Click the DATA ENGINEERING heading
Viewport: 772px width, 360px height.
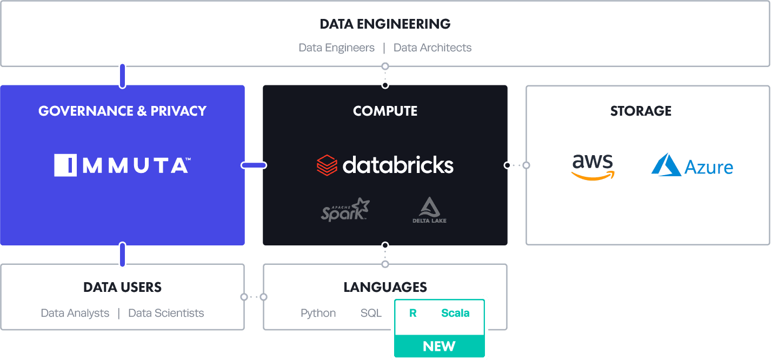[385, 24]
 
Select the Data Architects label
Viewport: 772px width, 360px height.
[432, 48]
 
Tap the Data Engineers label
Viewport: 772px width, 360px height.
[336, 48]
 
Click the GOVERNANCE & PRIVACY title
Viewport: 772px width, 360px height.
[122, 111]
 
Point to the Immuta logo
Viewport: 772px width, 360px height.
[122, 165]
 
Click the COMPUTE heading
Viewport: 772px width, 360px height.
[385, 111]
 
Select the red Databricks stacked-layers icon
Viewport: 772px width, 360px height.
[327, 165]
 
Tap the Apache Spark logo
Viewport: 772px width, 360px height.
[345, 209]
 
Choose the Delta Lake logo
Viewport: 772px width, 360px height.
[429, 210]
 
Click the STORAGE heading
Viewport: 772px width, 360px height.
[641, 111]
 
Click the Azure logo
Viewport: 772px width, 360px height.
[692, 165]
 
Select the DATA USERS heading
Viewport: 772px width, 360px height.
[122, 288]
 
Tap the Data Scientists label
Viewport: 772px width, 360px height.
[166, 313]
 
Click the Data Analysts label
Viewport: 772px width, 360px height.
[75, 313]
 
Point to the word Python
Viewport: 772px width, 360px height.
[318, 314]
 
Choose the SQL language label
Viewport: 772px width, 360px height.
[371, 313]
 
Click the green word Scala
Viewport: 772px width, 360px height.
[455, 313]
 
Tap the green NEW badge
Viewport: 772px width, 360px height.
[440, 346]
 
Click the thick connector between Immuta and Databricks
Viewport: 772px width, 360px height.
[254, 165]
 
